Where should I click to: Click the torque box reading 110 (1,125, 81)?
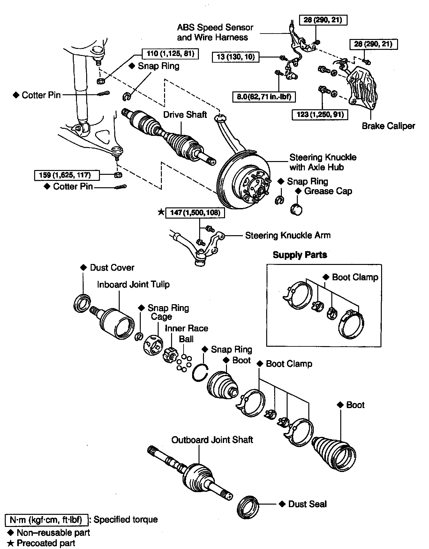pos(170,53)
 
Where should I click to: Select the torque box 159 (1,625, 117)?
pos(67,175)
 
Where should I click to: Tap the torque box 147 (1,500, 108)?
pos(195,213)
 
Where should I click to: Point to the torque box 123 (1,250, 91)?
pos(320,114)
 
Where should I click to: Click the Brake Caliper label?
pos(388,126)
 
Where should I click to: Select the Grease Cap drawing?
pos(297,209)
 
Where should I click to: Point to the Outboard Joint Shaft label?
pos(212,440)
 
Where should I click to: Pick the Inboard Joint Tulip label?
pos(133,284)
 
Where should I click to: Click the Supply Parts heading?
pos(300,255)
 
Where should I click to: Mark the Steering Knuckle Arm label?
pos(288,236)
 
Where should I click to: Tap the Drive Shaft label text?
pos(185,114)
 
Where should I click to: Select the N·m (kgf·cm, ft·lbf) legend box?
pos(46,520)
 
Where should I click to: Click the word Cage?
pos(162,317)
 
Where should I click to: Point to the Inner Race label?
pos(186,328)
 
